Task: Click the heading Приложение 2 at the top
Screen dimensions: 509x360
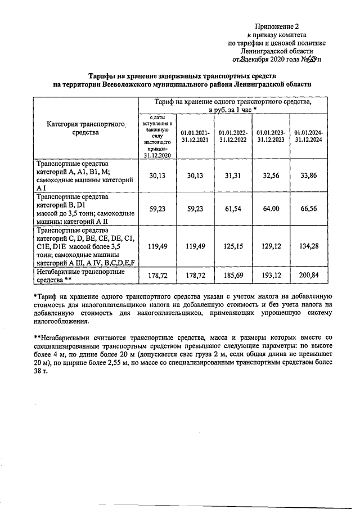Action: [x=277, y=26]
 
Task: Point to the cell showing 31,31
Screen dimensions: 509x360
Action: [x=233, y=175]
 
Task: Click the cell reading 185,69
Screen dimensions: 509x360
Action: [x=233, y=275]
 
